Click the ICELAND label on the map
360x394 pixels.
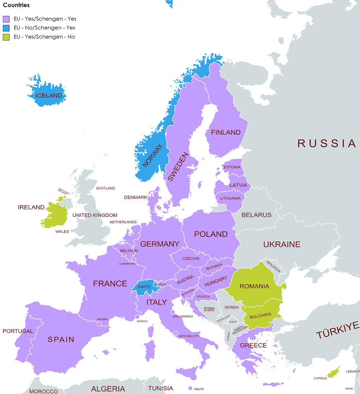point(48,96)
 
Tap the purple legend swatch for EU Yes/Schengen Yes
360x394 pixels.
point(7,19)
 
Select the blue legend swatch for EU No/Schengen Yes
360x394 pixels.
point(7,28)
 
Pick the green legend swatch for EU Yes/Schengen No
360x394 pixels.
point(7,37)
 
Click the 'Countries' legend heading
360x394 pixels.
point(16,5)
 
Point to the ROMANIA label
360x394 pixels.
point(254,286)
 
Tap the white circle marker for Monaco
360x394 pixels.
point(137,317)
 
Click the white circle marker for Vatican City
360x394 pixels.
point(176,333)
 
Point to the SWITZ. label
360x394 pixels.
point(144,287)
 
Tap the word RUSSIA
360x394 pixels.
point(326,143)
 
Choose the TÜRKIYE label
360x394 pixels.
point(338,330)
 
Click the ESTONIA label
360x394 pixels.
point(232,167)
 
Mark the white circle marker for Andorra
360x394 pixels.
point(99,324)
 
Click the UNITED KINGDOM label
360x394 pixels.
point(95,215)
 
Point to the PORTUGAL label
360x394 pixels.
point(18,331)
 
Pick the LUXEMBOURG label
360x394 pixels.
point(127,263)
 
